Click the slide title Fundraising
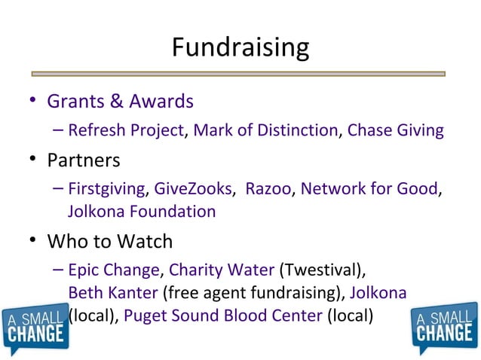[240, 47]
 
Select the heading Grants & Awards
[120, 101]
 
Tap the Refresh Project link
[125, 130]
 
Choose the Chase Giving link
[395, 130]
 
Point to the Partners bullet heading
[83, 160]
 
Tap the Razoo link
[268, 188]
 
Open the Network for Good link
[369, 188]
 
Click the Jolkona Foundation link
[142, 212]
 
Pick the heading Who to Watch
[110, 241]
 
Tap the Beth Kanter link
[112, 292]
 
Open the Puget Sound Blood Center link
[222, 315]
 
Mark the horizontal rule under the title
[240, 74]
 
